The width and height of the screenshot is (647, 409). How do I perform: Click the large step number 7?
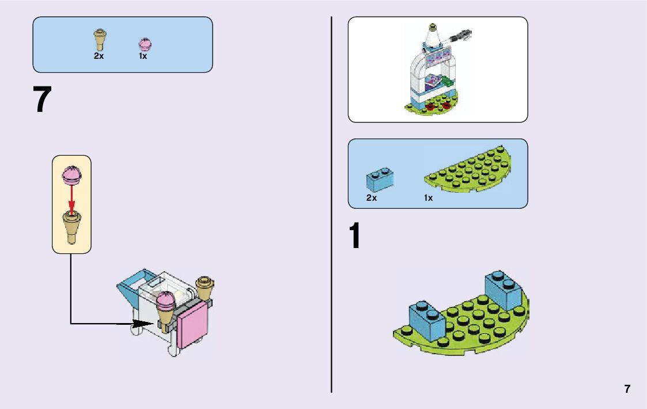tap(43, 100)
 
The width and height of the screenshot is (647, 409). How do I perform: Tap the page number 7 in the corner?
tap(627, 389)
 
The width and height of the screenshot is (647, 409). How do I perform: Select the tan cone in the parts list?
tap(99, 39)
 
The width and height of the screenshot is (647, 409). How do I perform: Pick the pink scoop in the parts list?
tap(144, 44)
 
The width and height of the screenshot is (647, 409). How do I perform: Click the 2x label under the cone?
tap(99, 56)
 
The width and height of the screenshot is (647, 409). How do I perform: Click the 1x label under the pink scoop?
tap(142, 56)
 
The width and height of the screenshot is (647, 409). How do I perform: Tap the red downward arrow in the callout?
tap(72, 199)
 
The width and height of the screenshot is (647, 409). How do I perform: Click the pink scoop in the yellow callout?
tap(72, 174)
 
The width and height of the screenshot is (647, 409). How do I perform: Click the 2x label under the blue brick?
tap(372, 198)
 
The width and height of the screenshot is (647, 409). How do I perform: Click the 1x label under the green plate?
tap(428, 198)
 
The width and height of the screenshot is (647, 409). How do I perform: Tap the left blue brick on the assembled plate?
tap(427, 320)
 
